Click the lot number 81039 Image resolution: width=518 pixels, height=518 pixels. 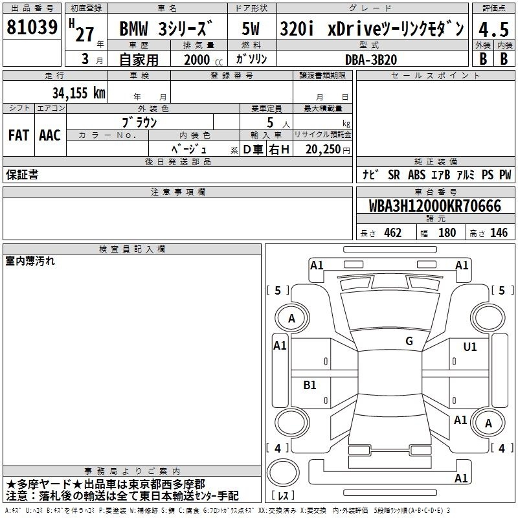(x=32, y=27)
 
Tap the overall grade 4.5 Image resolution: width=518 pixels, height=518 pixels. (x=493, y=29)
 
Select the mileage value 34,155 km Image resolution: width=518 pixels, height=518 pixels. (x=78, y=93)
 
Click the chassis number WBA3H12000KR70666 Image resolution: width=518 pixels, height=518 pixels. (x=434, y=206)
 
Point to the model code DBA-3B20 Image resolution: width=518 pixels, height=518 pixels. (x=371, y=60)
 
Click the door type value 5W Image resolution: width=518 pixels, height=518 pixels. (x=251, y=28)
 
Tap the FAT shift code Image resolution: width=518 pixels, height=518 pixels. (x=19, y=135)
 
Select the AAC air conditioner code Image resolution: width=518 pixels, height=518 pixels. (x=50, y=135)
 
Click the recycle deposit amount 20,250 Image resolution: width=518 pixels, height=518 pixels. (x=323, y=149)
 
